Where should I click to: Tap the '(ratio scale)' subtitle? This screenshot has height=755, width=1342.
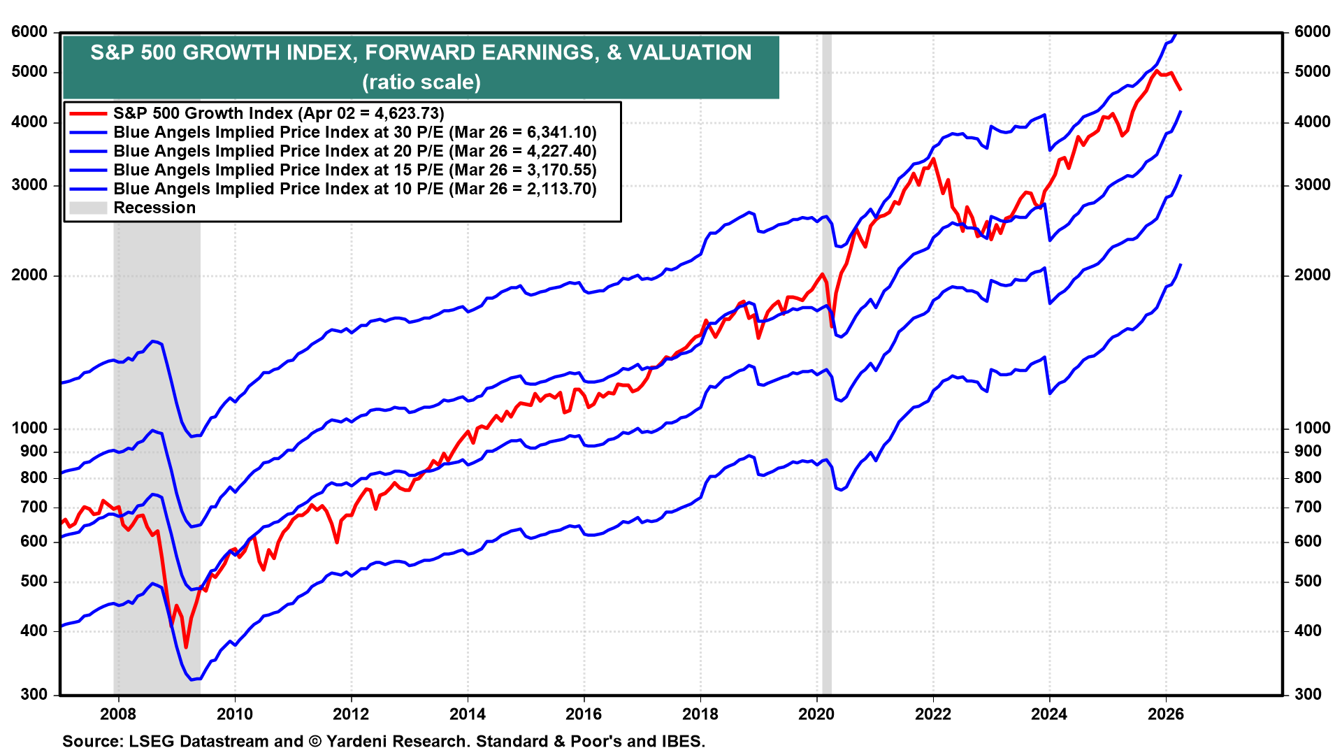pos(421,82)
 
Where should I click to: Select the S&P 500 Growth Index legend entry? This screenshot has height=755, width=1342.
pos(278,113)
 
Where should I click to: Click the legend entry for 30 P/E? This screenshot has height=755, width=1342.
pos(354,132)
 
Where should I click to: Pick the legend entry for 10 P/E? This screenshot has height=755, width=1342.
pos(354,189)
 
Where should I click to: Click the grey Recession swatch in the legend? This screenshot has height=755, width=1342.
pos(87,208)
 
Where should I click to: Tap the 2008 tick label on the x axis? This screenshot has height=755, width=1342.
pos(117,714)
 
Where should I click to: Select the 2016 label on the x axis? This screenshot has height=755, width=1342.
pos(583,714)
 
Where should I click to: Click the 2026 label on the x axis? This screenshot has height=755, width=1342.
pos(1165,714)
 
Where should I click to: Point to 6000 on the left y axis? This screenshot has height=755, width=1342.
pos(29,31)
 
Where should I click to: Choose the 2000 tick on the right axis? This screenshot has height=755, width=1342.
pos(1312,275)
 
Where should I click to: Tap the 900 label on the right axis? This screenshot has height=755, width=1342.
pos(1308,451)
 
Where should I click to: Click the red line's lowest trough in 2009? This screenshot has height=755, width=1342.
pos(186,647)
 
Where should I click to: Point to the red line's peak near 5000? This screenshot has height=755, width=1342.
pos(1157,71)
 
